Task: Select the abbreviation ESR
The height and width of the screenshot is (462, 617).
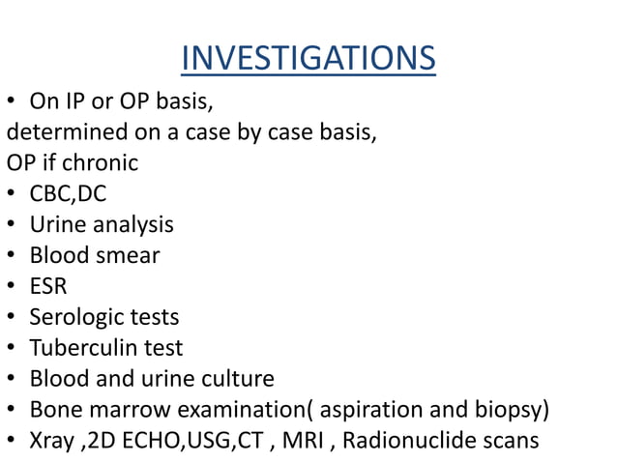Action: click(x=48, y=287)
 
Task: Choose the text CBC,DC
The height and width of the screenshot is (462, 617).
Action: click(x=68, y=194)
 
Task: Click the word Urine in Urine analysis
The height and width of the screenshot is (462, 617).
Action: click(x=55, y=225)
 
